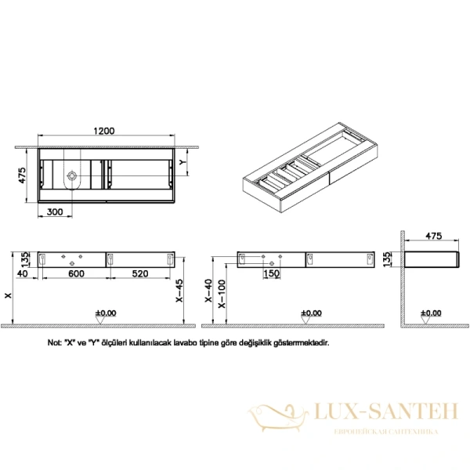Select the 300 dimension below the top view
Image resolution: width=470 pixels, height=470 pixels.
[x=56, y=211]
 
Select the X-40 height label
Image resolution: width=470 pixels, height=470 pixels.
[x=208, y=291]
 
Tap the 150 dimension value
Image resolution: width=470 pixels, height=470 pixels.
[x=269, y=273]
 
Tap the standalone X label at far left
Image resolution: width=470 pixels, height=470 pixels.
[x=8, y=296]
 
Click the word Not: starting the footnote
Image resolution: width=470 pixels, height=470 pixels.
[x=55, y=342]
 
